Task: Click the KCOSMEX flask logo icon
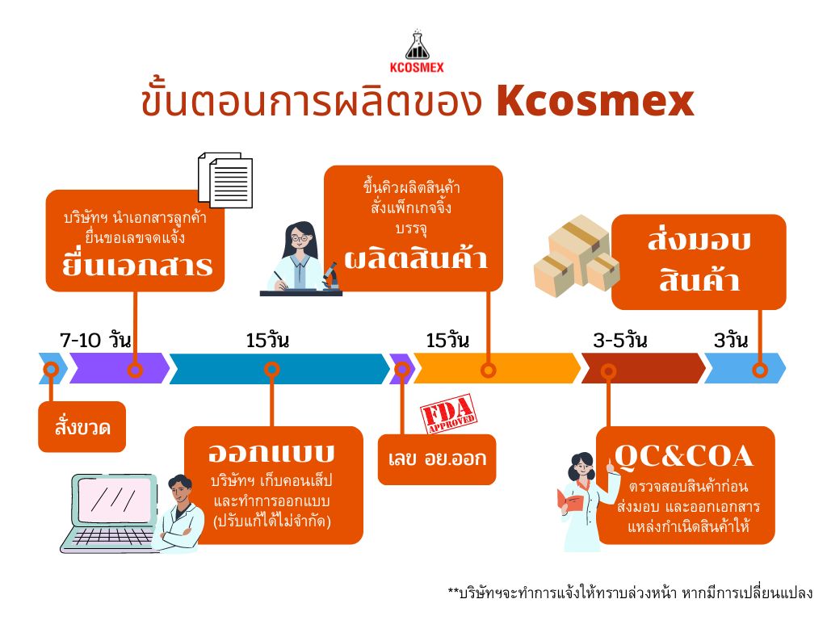point(418,45)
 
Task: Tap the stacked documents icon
point(225,180)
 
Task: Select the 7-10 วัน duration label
point(95,340)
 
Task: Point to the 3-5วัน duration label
point(619,340)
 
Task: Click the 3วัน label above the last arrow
point(731,340)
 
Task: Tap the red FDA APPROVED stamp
point(448,413)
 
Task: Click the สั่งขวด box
point(82,426)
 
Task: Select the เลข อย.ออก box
point(437,459)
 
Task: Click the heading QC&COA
point(683,456)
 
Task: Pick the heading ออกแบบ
point(271,452)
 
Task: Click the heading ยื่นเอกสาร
point(137,265)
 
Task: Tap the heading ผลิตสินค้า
point(416,258)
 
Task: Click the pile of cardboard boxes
point(577,255)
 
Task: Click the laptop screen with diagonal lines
point(115,500)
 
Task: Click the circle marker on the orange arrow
point(489,370)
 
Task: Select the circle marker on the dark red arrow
point(609,371)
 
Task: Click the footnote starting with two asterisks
point(630,593)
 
